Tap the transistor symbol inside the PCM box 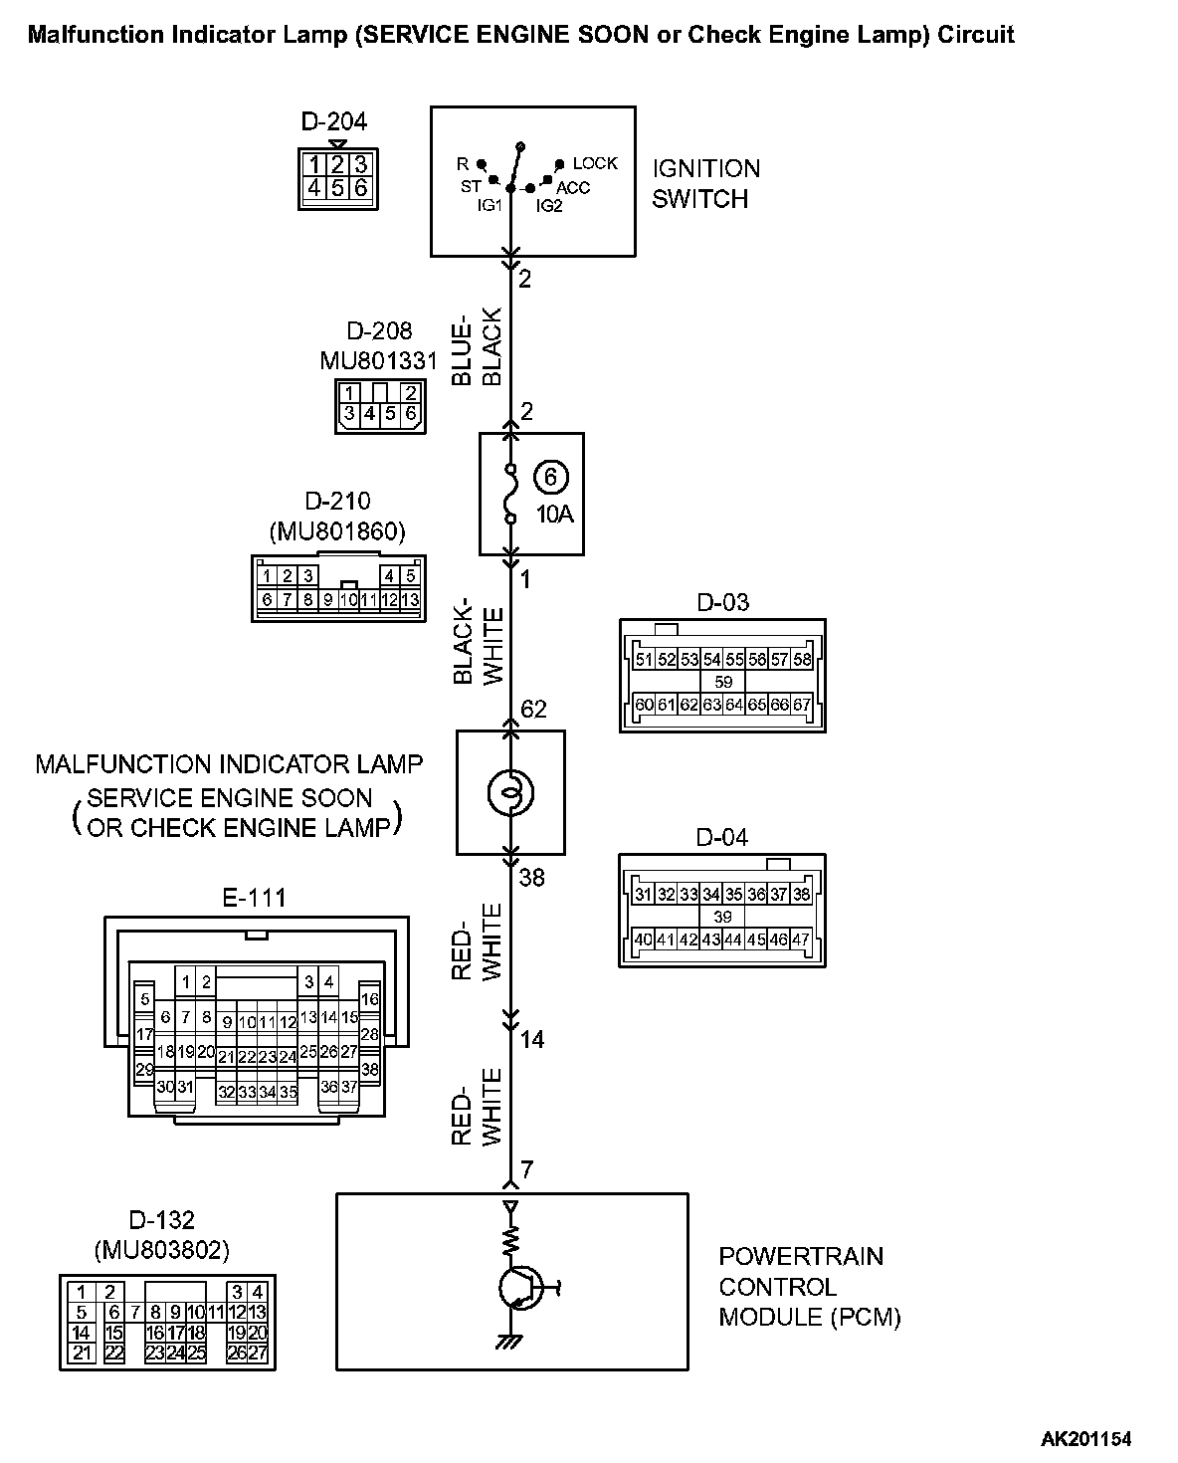(x=518, y=1288)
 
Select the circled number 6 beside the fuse (x=549, y=478)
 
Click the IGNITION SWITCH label (x=705, y=183)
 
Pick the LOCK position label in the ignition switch (x=595, y=163)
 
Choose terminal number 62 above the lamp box (x=534, y=710)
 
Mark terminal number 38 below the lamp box (x=532, y=878)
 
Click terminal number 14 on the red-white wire (x=532, y=1040)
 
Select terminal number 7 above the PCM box (x=527, y=1169)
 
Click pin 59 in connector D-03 (x=723, y=682)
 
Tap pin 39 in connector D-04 (x=723, y=917)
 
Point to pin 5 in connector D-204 (x=338, y=187)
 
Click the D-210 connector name (x=337, y=503)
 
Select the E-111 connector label (x=254, y=898)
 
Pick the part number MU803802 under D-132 (x=161, y=1249)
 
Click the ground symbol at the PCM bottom (x=509, y=1341)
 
